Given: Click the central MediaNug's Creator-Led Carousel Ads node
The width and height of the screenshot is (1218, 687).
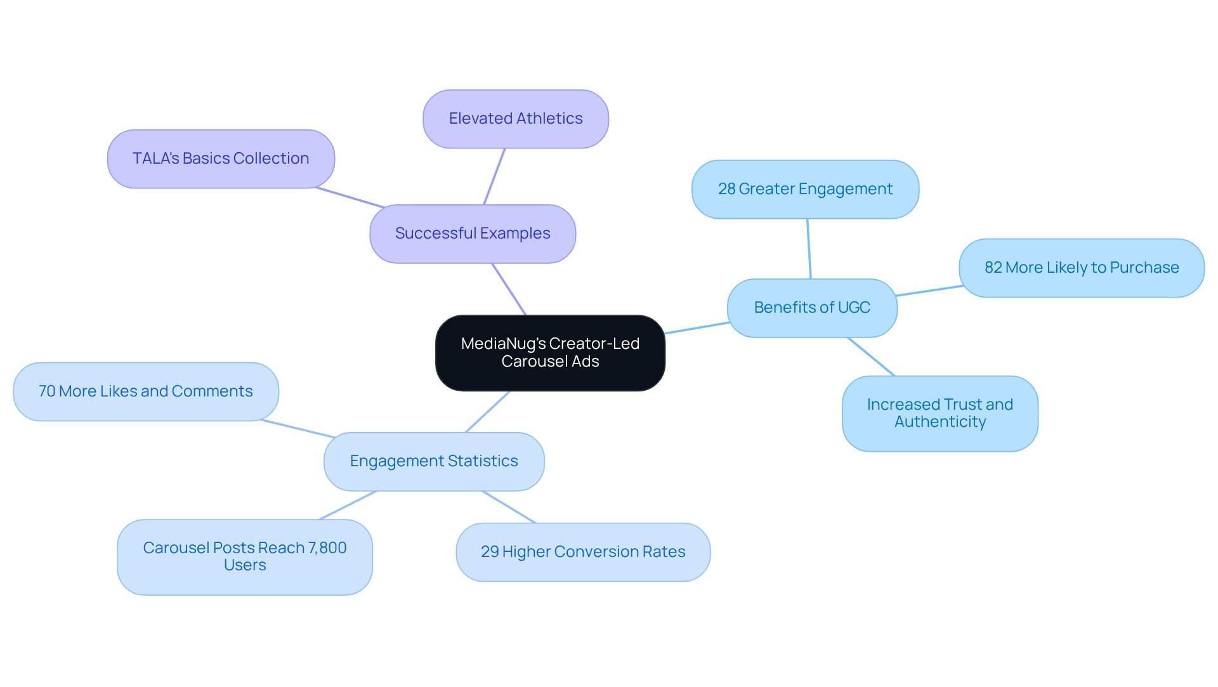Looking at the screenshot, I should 550,353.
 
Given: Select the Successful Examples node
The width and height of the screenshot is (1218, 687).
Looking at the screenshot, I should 473,233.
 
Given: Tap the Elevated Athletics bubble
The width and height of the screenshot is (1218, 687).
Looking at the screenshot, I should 516,119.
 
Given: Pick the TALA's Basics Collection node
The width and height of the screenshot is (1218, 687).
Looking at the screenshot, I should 221,159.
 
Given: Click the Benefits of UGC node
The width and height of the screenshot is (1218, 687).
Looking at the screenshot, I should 812,308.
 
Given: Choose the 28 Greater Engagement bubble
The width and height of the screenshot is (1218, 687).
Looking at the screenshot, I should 805,189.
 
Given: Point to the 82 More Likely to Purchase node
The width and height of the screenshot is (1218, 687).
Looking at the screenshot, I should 1082,268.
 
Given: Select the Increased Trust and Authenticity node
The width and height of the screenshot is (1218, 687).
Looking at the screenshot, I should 940,414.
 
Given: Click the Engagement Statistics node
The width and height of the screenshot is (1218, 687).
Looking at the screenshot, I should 434,461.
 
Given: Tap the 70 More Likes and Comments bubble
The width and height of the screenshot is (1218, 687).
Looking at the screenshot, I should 146,391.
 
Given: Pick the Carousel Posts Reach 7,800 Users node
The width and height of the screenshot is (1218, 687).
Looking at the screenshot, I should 245,557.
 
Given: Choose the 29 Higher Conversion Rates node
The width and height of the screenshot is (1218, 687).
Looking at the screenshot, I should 583,552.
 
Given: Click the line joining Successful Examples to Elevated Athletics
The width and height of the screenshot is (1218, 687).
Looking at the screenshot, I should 494,176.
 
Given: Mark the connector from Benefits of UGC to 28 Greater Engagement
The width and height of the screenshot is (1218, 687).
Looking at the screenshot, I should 809,249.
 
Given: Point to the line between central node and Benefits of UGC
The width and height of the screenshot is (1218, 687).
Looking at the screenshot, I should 697,328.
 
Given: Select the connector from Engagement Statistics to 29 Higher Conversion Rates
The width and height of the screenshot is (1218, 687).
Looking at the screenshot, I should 509,507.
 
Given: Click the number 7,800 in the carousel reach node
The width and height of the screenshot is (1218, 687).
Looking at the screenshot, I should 327,548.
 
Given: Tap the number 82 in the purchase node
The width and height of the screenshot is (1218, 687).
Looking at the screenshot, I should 993,268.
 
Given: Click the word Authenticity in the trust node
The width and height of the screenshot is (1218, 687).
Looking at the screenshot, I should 940,422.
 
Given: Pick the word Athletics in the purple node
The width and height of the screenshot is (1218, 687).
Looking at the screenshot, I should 549,119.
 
